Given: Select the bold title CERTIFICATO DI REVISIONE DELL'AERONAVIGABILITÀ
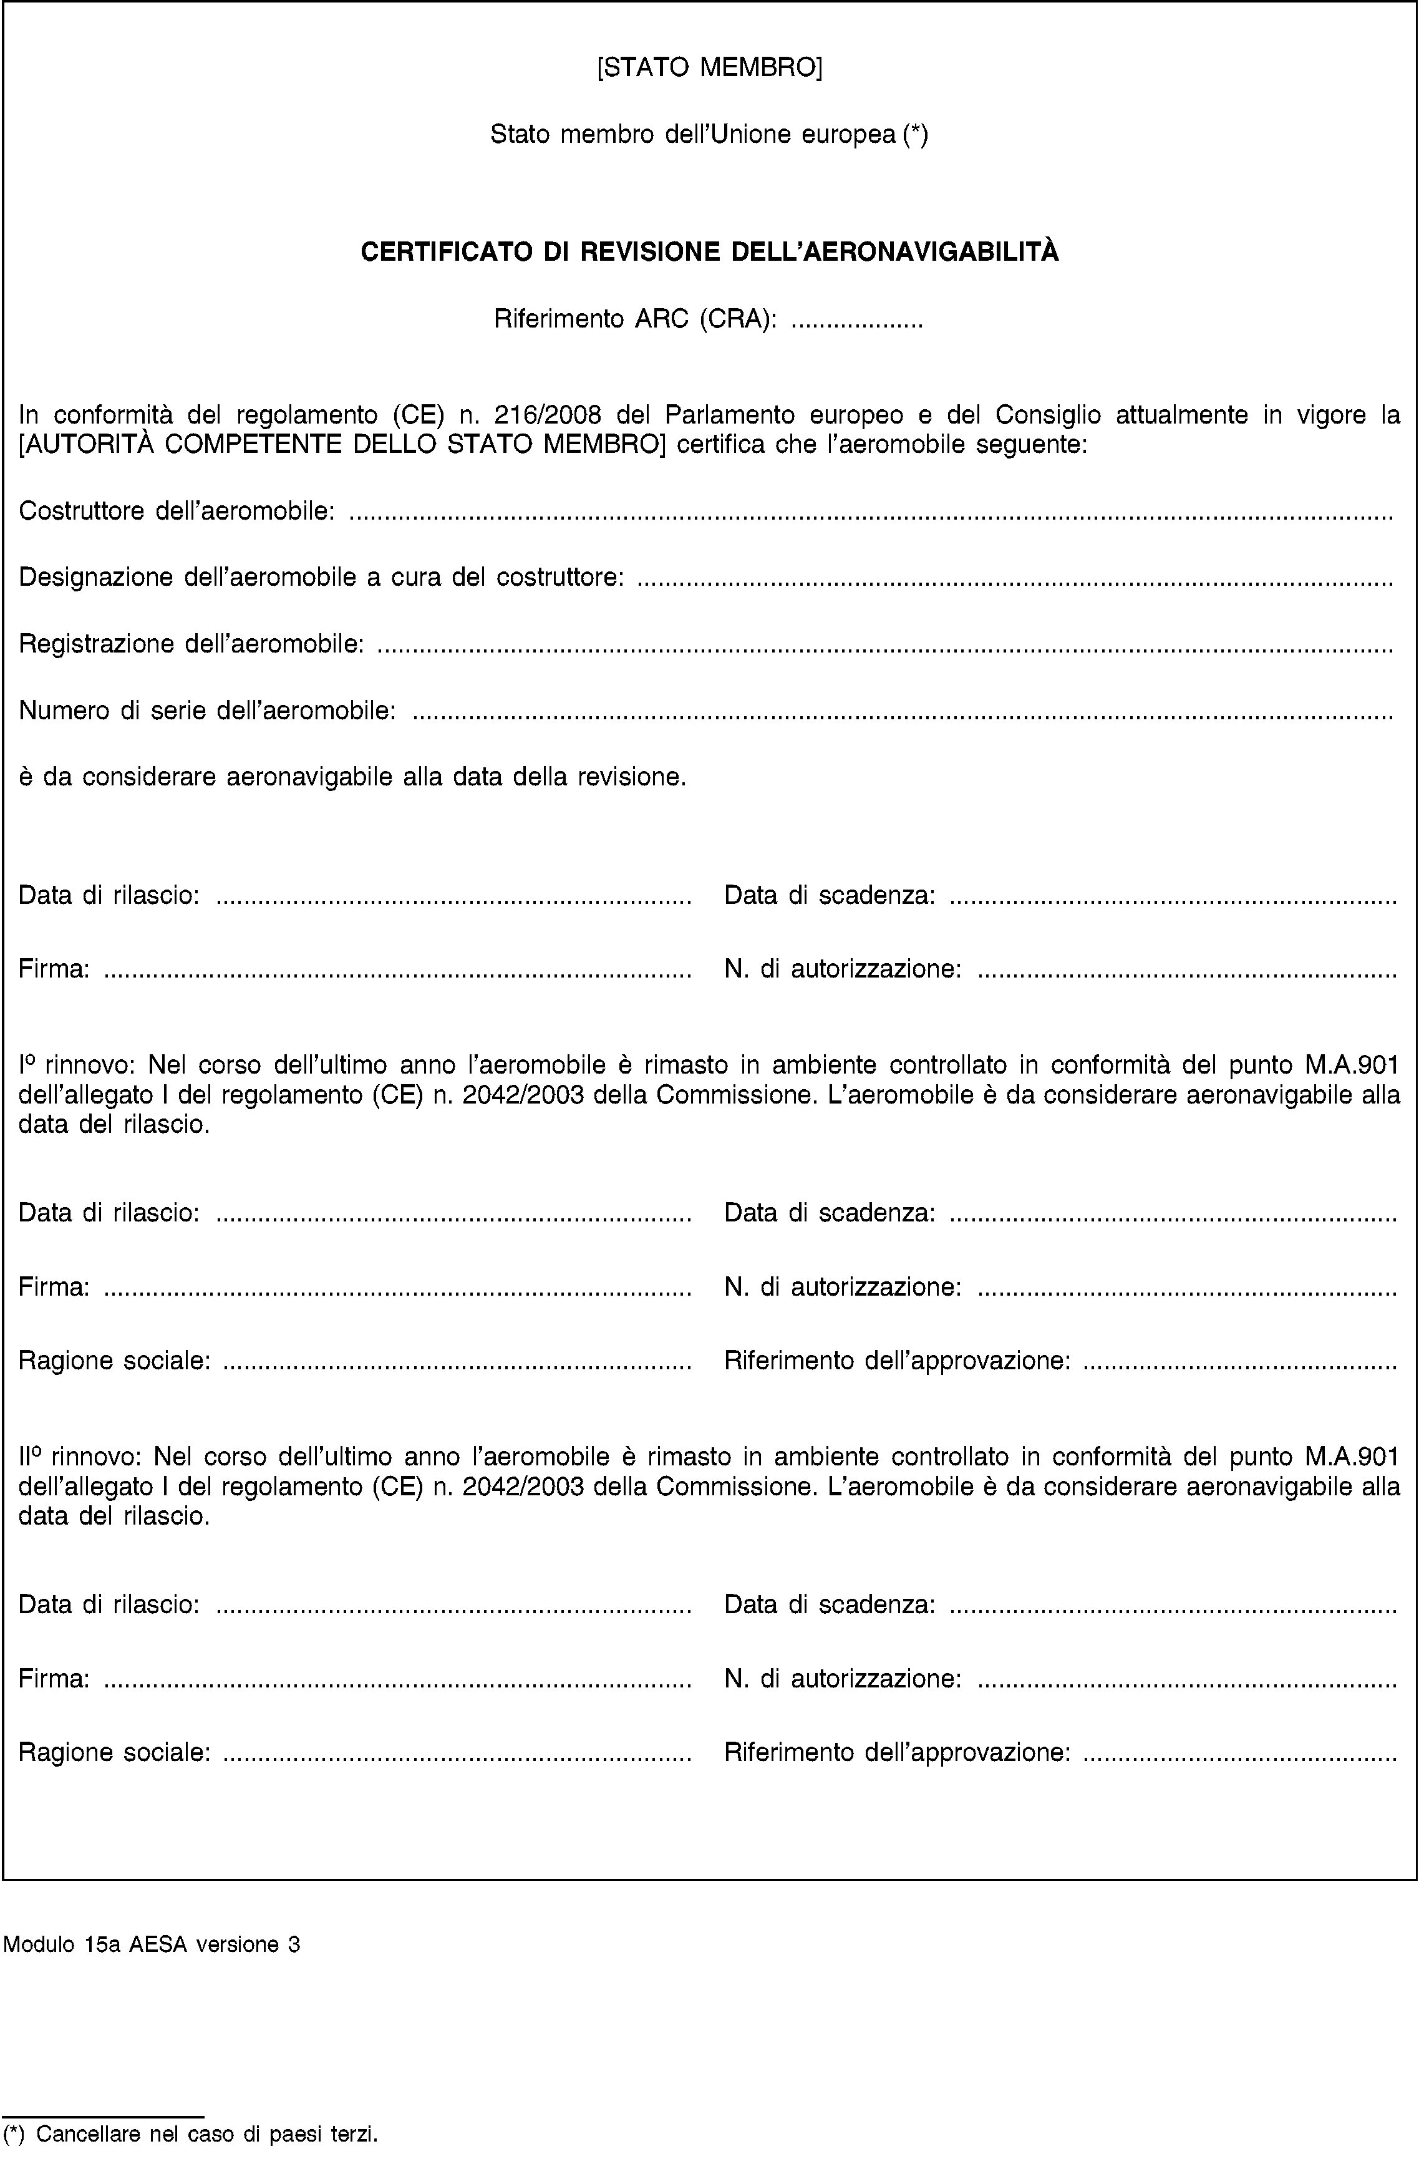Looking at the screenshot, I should point(710,252).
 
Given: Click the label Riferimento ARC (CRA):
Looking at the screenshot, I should point(636,319).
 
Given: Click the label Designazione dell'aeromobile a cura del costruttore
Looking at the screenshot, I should point(321,578).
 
